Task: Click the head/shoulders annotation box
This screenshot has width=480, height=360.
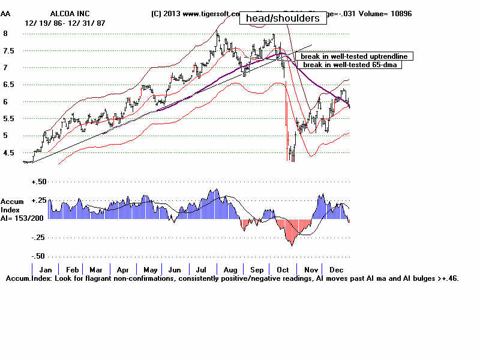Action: pos(283,19)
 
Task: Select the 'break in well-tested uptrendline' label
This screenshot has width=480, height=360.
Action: pos(354,56)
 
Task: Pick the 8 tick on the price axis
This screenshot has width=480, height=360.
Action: pos(5,34)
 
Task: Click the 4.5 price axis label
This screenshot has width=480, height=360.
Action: pos(9,154)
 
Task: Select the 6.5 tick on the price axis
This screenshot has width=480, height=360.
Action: pos(9,85)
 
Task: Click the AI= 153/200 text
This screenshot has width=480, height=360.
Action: pos(22,218)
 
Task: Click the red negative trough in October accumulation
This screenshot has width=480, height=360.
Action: pos(292,237)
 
